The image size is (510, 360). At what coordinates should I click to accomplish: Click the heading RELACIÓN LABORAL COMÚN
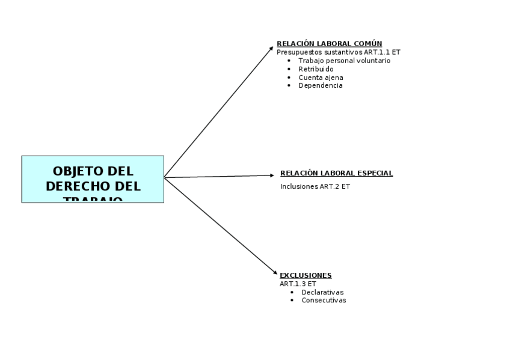pos(329,44)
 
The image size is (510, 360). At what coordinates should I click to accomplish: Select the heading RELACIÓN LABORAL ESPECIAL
pos(336,174)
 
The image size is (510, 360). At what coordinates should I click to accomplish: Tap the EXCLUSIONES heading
pos(306,276)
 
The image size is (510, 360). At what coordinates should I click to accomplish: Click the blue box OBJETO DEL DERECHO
pos(93,179)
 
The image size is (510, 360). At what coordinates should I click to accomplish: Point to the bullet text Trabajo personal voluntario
pos(344,61)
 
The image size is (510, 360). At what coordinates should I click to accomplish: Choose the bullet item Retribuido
pos(316,69)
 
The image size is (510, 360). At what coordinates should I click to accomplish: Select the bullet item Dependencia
pos(321,86)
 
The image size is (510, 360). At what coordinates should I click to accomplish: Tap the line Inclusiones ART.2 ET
pos(315,187)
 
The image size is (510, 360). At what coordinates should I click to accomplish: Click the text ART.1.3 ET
pos(298,284)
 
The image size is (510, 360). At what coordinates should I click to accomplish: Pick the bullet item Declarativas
pos(322,293)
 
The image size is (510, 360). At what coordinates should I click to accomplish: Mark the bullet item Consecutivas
pos(324,301)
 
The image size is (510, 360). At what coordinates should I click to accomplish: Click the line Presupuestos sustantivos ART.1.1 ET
pos(338,52)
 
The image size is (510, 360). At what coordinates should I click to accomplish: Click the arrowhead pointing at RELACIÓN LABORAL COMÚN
pos(271,48)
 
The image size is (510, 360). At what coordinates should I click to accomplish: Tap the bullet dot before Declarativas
pos(292,293)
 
